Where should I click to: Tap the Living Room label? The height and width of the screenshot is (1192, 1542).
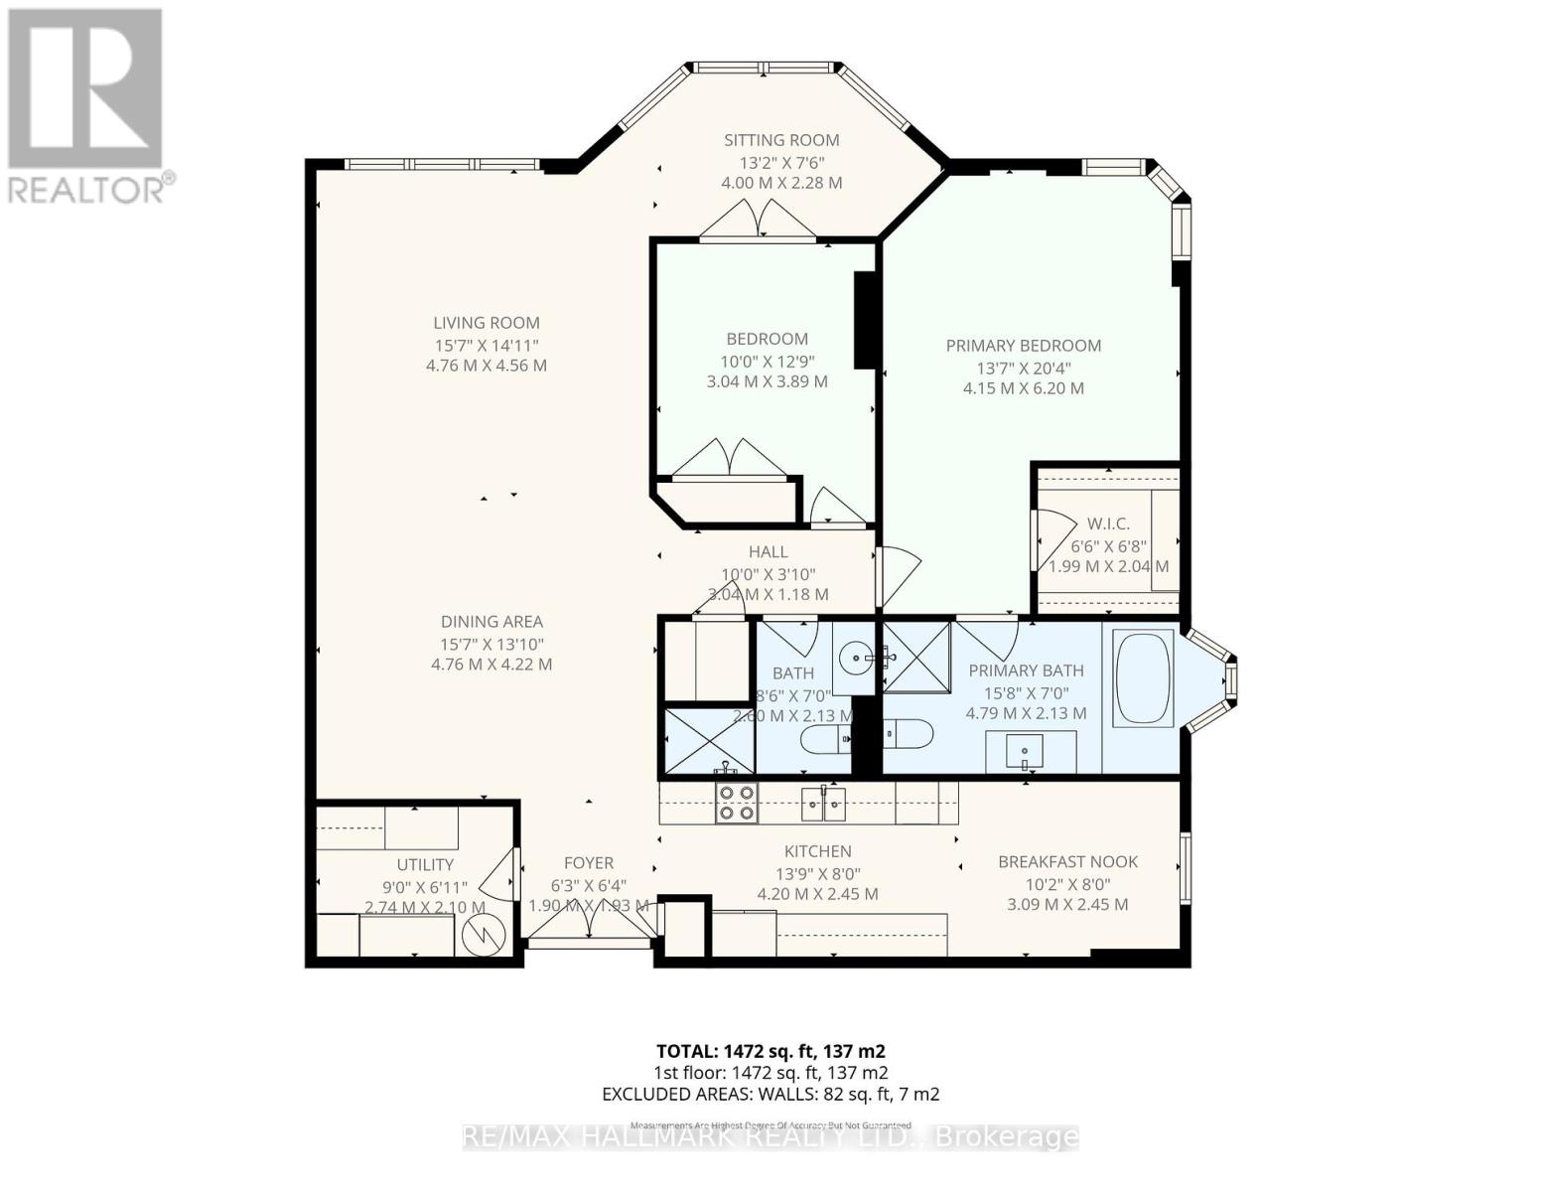pos(487,323)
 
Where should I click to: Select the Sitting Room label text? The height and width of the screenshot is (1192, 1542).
pos(781,140)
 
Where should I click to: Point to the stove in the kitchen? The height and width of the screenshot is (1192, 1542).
pos(736,803)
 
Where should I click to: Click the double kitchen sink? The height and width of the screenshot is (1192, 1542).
pos(823,802)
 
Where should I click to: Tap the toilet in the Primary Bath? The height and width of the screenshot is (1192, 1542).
pos(908,735)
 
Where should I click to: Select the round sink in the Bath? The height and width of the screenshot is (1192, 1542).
pos(855,657)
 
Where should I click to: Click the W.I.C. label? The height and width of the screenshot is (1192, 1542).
pos(1108,523)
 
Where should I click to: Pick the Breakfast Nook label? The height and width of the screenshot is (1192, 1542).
pos(1067,862)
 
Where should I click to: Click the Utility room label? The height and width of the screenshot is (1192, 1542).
pos(425,865)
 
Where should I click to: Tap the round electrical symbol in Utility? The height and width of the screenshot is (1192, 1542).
pos(484,935)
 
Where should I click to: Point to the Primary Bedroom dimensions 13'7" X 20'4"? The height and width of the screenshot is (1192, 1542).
pos(1024,368)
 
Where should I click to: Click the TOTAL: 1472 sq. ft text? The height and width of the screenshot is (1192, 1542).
pos(771,1051)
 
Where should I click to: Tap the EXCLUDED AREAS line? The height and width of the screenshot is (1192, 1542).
pos(771,1095)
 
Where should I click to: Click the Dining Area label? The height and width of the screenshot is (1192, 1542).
pos(491,622)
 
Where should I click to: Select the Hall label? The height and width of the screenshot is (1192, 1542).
pos(768,552)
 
